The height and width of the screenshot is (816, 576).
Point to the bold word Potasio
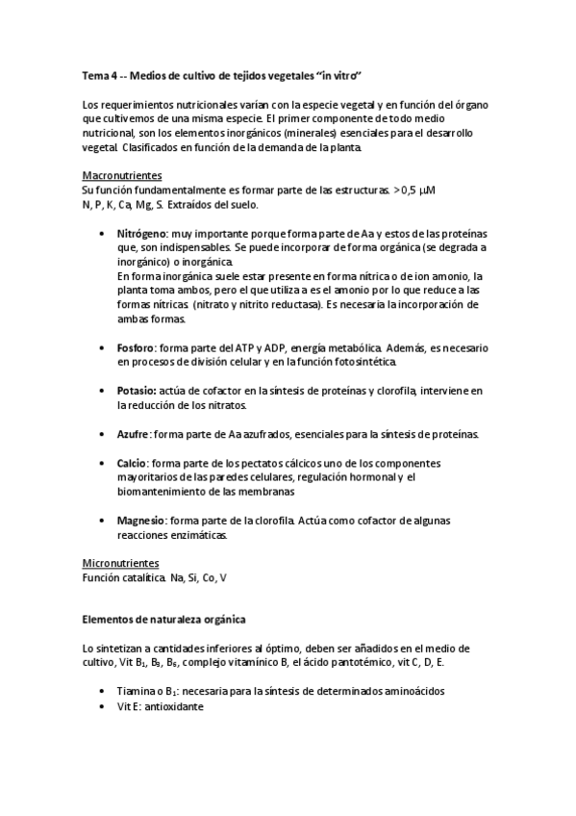[138, 392]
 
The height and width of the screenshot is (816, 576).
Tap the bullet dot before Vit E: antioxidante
[103, 706]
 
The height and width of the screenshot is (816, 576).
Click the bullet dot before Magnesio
[103, 521]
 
